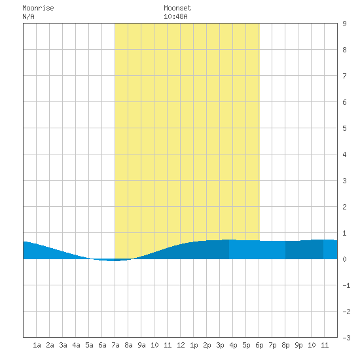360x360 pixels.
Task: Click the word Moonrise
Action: (38, 8)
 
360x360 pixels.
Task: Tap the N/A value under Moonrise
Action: (28, 16)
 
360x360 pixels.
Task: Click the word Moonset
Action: (177, 8)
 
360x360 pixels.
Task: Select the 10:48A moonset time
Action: (175, 16)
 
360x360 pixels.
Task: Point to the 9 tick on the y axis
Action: (344, 24)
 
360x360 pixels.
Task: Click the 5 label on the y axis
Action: (344, 128)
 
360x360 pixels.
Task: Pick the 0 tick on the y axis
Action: (344, 259)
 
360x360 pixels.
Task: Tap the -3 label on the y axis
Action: (346, 338)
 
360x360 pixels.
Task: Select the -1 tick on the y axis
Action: (346, 285)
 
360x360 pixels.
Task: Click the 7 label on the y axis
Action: (344, 76)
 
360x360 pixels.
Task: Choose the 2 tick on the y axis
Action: (344, 207)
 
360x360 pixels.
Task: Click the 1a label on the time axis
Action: (37, 345)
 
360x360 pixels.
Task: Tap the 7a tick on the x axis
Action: (115, 345)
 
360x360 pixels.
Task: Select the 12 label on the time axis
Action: (181, 345)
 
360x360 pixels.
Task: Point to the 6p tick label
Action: (259, 345)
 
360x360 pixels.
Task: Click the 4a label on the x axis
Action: (76, 345)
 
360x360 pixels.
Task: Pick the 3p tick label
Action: (220, 345)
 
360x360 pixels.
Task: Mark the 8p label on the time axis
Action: (285, 345)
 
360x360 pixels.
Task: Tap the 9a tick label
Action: (141, 345)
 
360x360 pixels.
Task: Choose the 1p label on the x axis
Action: (194, 345)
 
